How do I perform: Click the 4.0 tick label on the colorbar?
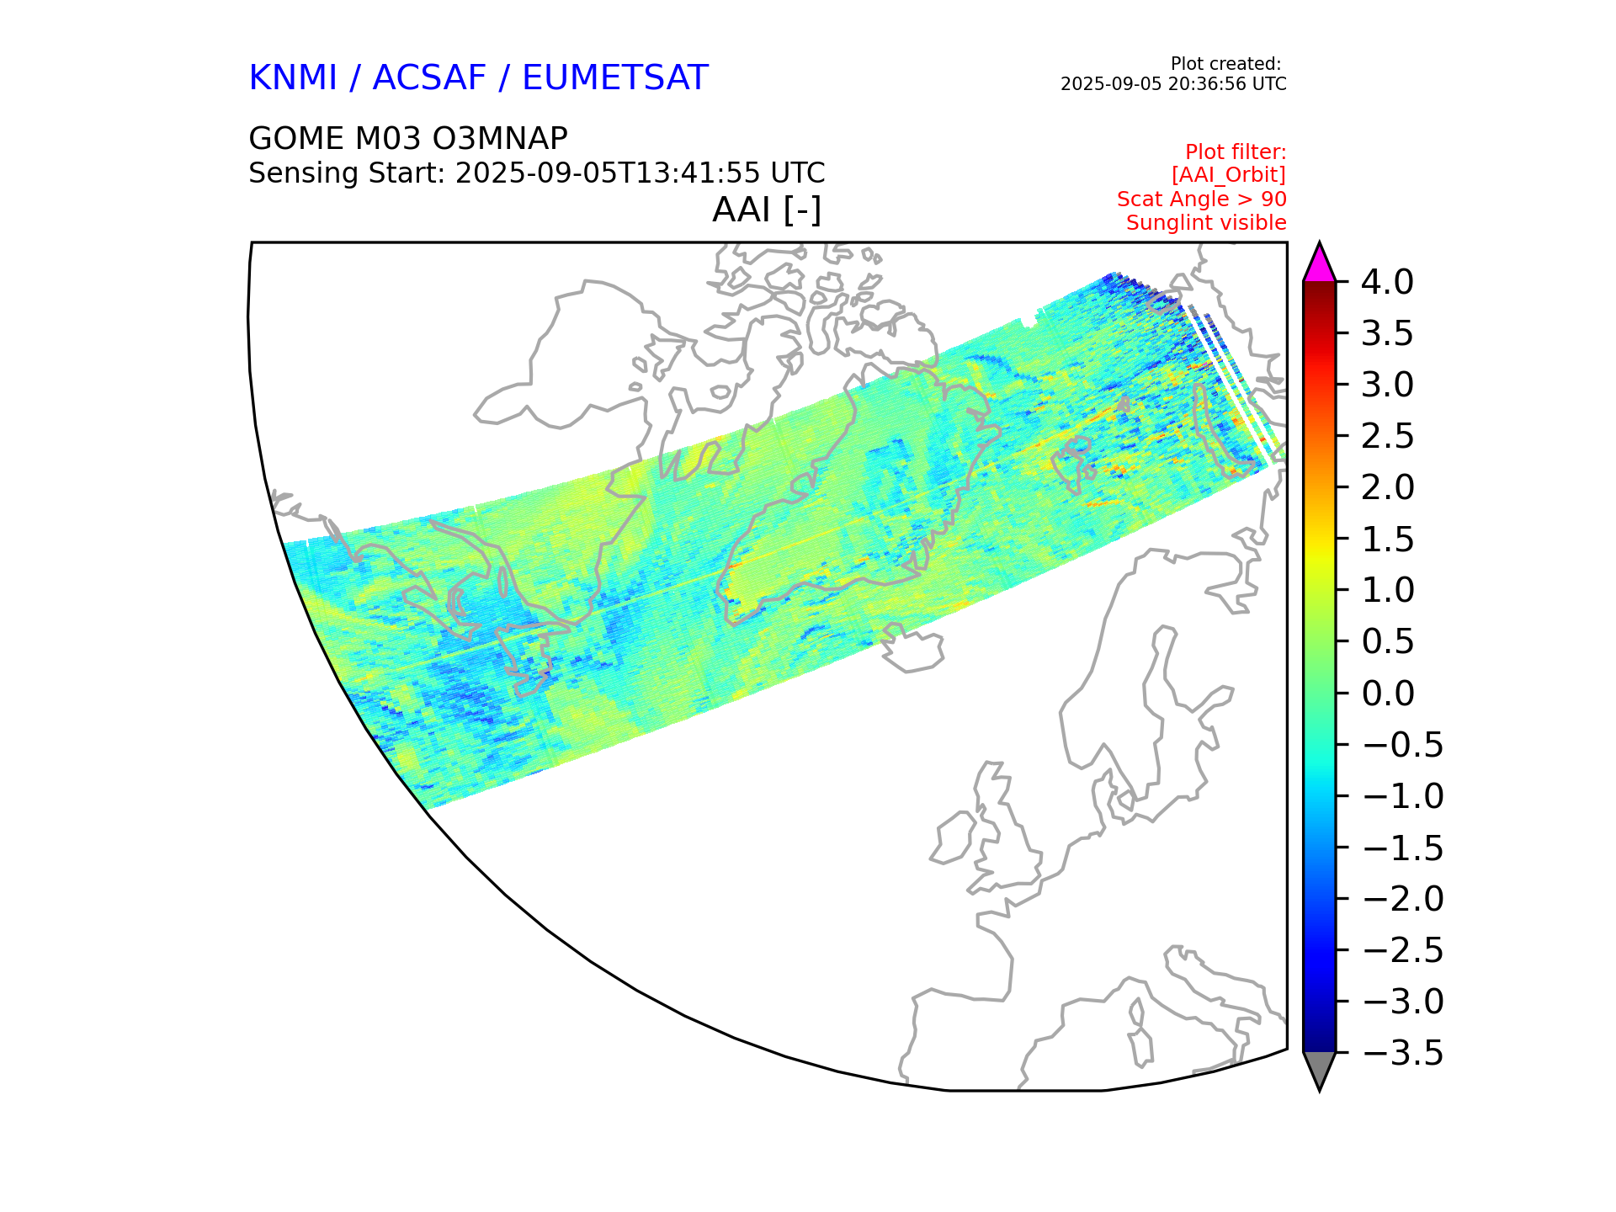[x=1387, y=282]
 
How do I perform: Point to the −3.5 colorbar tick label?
[x=1401, y=1053]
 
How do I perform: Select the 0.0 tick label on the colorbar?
[x=1387, y=694]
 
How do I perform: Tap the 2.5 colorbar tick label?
[x=1387, y=436]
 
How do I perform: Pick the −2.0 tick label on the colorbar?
[x=1401, y=899]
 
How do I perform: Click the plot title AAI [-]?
[x=766, y=210]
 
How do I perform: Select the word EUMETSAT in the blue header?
[x=614, y=78]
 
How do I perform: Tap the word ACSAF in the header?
[x=429, y=78]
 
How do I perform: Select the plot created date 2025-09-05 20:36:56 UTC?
[x=1172, y=84]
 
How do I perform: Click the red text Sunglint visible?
[x=1205, y=223]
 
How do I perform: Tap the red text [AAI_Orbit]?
[x=1228, y=175]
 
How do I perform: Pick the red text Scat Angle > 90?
[x=1201, y=199]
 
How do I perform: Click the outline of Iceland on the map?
[x=912, y=651]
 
